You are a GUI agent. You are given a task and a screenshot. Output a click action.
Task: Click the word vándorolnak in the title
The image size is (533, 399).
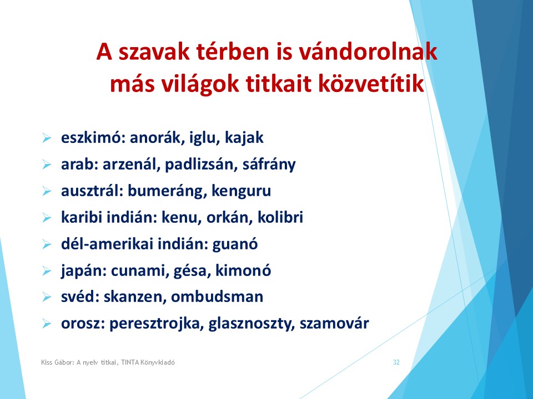[x=368, y=52]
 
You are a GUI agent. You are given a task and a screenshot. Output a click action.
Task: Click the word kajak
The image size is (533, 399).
[x=244, y=138]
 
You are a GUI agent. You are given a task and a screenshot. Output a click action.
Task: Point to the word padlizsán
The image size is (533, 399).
[x=201, y=165]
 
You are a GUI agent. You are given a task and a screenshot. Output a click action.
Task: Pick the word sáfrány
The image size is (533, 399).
[x=269, y=165]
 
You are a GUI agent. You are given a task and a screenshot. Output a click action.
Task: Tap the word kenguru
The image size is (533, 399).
[x=241, y=191]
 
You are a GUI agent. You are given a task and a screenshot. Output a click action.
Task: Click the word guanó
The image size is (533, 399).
[x=235, y=244]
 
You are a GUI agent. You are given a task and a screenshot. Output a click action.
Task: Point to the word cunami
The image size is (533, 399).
[x=140, y=271]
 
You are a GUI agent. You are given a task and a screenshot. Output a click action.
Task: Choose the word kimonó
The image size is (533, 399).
[x=243, y=271]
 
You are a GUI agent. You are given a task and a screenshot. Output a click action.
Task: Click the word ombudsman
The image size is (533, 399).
[x=217, y=297]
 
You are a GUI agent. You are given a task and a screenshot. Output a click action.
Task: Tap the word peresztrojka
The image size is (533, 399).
[x=157, y=323]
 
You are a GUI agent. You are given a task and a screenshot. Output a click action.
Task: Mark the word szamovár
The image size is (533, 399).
[x=334, y=323]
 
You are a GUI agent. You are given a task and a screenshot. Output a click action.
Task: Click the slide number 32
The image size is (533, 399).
[x=396, y=362]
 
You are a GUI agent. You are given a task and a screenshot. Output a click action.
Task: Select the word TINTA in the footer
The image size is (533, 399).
[x=130, y=362]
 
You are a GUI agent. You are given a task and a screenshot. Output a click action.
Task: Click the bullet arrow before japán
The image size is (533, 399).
[x=47, y=271]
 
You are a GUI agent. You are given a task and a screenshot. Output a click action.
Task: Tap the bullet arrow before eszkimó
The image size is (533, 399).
[x=47, y=138]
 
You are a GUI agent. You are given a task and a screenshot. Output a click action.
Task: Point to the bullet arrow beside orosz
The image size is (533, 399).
[x=47, y=324]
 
